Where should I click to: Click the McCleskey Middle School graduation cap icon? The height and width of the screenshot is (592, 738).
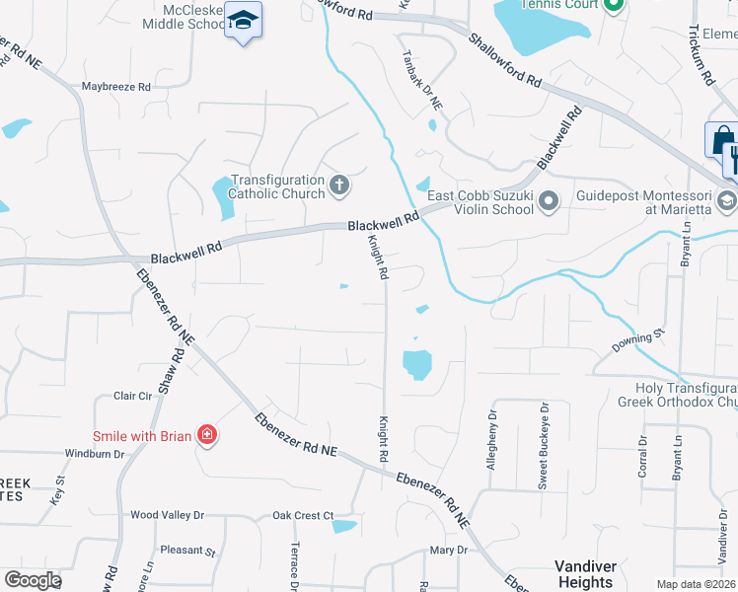(x=243, y=20)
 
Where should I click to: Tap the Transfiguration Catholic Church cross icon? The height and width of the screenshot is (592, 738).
(x=338, y=184)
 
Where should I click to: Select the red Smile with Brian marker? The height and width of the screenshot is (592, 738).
(x=206, y=434)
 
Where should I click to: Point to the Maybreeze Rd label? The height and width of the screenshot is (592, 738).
(x=116, y=87)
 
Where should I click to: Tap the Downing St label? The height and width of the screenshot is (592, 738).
(x=632, y=343)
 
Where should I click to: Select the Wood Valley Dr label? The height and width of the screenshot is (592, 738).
(x=168, y=515)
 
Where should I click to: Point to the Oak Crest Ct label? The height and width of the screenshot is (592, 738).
(x=304, y=515)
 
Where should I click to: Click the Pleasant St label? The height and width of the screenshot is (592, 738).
(x=187, y=552)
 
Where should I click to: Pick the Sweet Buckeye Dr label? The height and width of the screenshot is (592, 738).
(x=542, y=435)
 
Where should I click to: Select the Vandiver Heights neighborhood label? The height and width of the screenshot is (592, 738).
(x=585, y=574)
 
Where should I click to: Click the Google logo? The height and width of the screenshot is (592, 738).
(x=34, y=580)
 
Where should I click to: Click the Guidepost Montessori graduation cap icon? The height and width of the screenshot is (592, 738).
(x=727, y=201)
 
